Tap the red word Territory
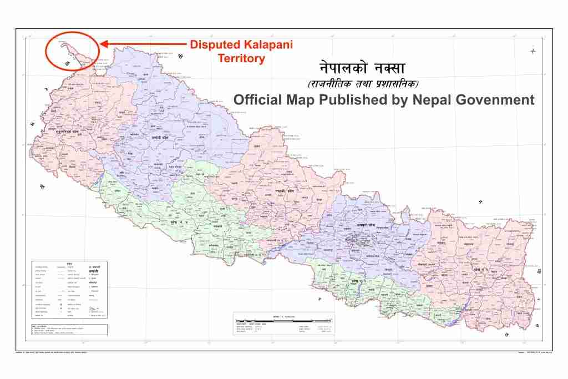[241, 58]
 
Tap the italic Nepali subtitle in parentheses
[363, 84]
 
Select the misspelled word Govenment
[494, 100]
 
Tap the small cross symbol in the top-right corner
[533, 51]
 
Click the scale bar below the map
[283, 321]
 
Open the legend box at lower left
[69, 289]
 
